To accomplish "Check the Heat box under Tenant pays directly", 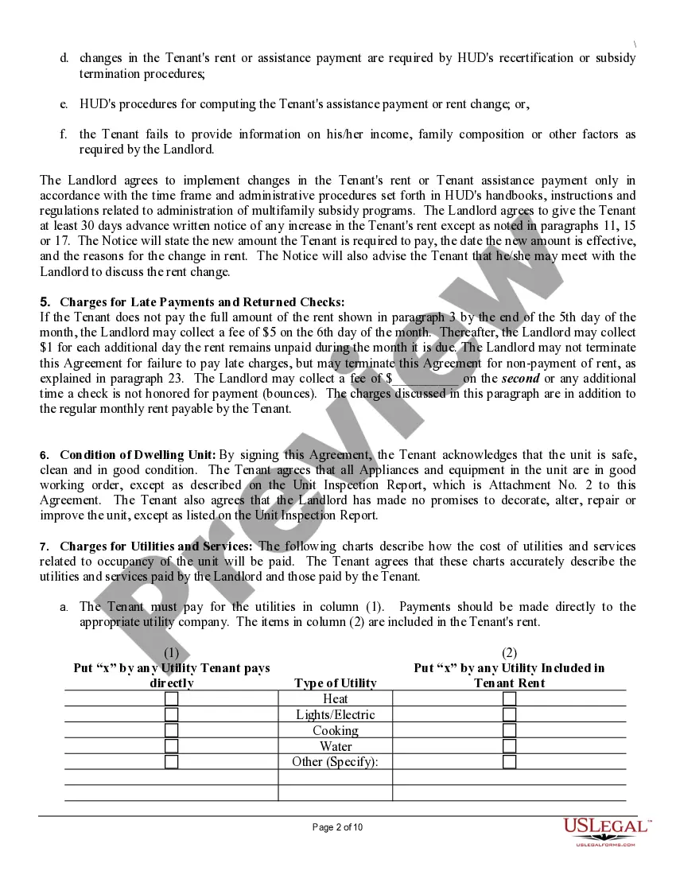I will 171,699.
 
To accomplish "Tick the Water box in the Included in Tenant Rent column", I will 509,746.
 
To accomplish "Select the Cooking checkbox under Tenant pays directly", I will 171,730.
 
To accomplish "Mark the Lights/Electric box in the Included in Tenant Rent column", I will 509,714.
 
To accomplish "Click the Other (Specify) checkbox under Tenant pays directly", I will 171,761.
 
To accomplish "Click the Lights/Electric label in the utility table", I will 335,714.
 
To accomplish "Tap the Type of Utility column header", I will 335,683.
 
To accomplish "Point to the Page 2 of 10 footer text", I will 338,827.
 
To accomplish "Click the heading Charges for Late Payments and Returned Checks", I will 202,302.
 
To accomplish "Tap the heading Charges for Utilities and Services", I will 156,546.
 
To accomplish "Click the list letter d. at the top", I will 64,58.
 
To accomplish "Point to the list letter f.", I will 63,134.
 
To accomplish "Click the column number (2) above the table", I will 509,653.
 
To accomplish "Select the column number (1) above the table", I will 171,653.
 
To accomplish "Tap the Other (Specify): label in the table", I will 335,761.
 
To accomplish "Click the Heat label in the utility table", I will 335,699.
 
